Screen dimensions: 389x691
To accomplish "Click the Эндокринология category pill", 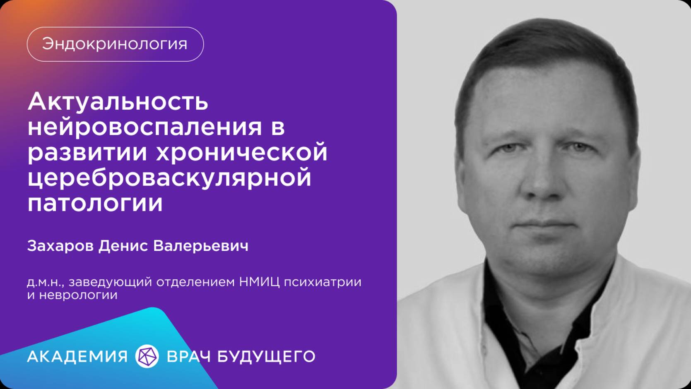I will coord(115,44).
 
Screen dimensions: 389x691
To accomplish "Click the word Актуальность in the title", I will coord(118,101).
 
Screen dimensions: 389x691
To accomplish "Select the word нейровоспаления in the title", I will coord(145,127).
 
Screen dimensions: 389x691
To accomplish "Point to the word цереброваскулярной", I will coord(169,178).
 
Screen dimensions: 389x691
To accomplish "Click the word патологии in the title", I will coord(95,203).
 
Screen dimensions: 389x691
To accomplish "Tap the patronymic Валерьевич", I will coord(201,246).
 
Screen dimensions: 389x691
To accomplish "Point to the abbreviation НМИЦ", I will coord(259,282).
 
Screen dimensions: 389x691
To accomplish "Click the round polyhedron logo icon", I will coord(147,356).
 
